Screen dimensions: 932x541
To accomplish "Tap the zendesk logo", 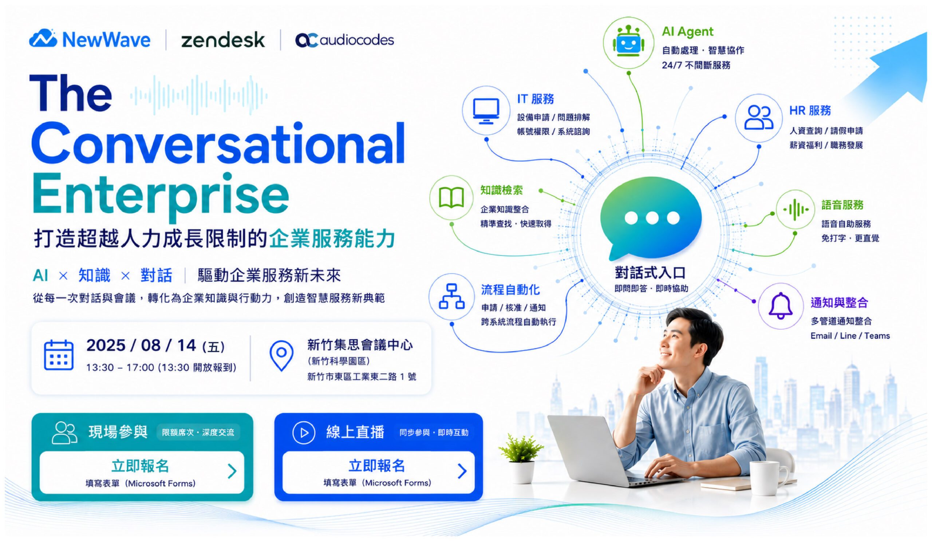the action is click(223, 40).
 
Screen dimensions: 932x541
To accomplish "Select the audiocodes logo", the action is click(344, 40).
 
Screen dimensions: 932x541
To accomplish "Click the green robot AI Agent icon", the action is click(628, 43).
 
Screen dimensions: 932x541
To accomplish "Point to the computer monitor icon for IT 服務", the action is click(486, 111).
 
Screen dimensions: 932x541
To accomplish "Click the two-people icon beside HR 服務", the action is click(759, 117).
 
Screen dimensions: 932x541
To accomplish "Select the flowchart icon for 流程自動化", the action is click(451, 296).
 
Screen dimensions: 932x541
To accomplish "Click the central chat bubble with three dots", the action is click(651, 218).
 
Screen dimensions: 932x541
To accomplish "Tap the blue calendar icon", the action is click(59, 355).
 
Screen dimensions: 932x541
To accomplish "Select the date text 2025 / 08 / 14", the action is click(142, 345).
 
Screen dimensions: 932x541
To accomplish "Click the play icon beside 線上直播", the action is click(304, 433).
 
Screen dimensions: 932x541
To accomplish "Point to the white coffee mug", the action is click(768, 478).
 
